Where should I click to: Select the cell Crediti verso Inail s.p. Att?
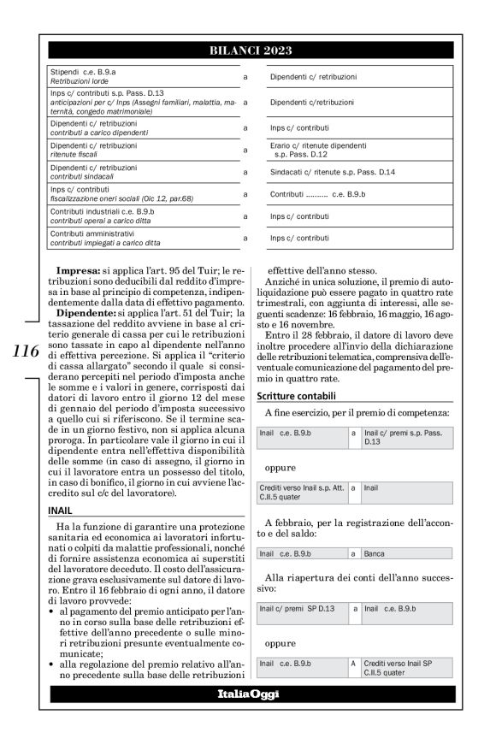point(300,491)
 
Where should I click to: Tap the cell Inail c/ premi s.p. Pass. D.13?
point(401,438)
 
